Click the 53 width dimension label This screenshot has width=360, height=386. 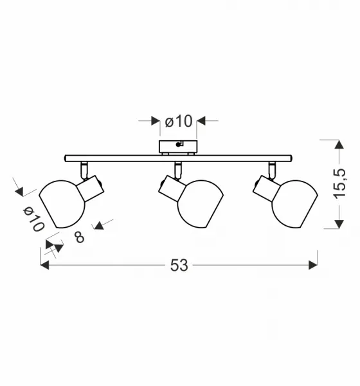coord(179,265)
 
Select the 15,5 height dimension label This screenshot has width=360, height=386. coord(339,183)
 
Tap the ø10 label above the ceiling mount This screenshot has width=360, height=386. coord(179,122)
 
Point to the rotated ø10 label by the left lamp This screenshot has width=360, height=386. coord(33,219)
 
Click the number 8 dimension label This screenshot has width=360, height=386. coord(80,237)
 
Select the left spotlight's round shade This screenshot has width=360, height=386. coord(62,204)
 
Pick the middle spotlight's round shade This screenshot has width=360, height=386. coord(201,204)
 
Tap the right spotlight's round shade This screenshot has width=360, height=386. coord(294,204)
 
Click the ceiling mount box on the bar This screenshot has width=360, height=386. coord(178,147)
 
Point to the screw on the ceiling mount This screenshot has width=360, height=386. coord(178,145)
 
